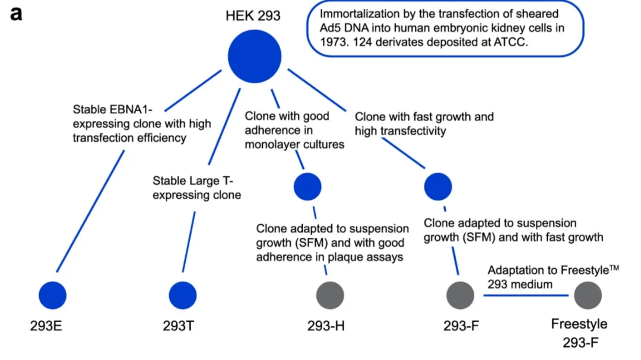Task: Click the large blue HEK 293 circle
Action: [x=254, y=57]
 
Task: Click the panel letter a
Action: [x=16, y=13]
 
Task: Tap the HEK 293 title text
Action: [x=253, y=15]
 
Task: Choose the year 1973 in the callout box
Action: [x=334, y=42]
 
